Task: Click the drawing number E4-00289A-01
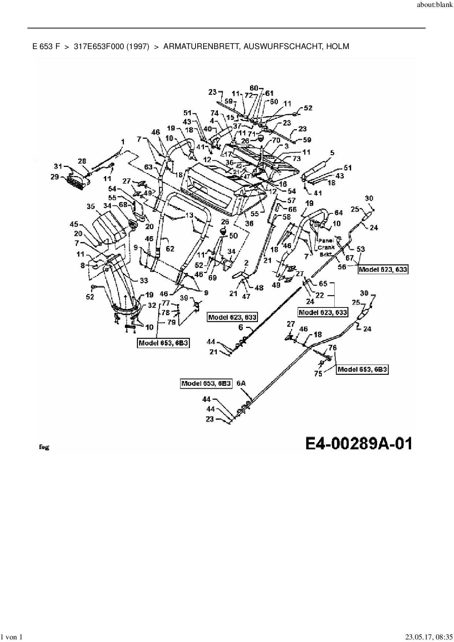(358, 444)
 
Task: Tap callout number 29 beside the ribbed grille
(55, 177)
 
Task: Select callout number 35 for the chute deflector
(91, 206)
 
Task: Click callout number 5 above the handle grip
(332, 153)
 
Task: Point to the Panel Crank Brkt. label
(325, 247)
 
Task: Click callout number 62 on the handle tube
(170, 249)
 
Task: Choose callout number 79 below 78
(171, 322)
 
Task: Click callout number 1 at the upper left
(123, 142)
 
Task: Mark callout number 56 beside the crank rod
(342, 267)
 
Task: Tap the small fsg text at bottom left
(44, 447)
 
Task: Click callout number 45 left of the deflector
(74, 224)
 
